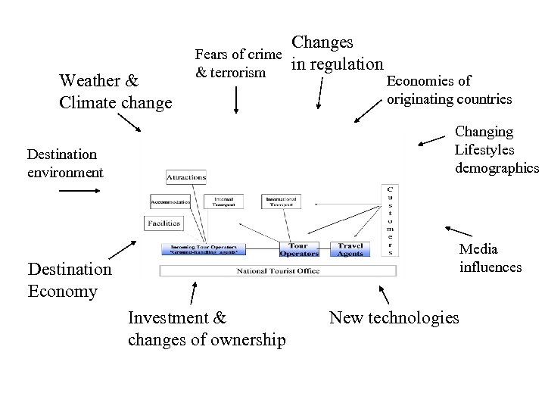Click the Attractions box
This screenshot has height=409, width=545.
(x=186, y=177)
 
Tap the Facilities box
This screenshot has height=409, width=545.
(x=164, y=223)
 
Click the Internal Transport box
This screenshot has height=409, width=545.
(x=223, y=202)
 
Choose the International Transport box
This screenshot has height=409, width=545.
(x=282, y=202)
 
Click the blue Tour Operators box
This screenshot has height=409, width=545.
(x=304, y=249)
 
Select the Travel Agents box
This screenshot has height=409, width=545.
(x=350, y=249)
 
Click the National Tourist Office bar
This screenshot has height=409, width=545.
(x=279, y=270)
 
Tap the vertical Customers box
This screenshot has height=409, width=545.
(x=390, y=220)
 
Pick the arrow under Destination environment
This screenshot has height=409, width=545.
(x=78, y=192)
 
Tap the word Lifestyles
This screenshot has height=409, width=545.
(x=484, y=149)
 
